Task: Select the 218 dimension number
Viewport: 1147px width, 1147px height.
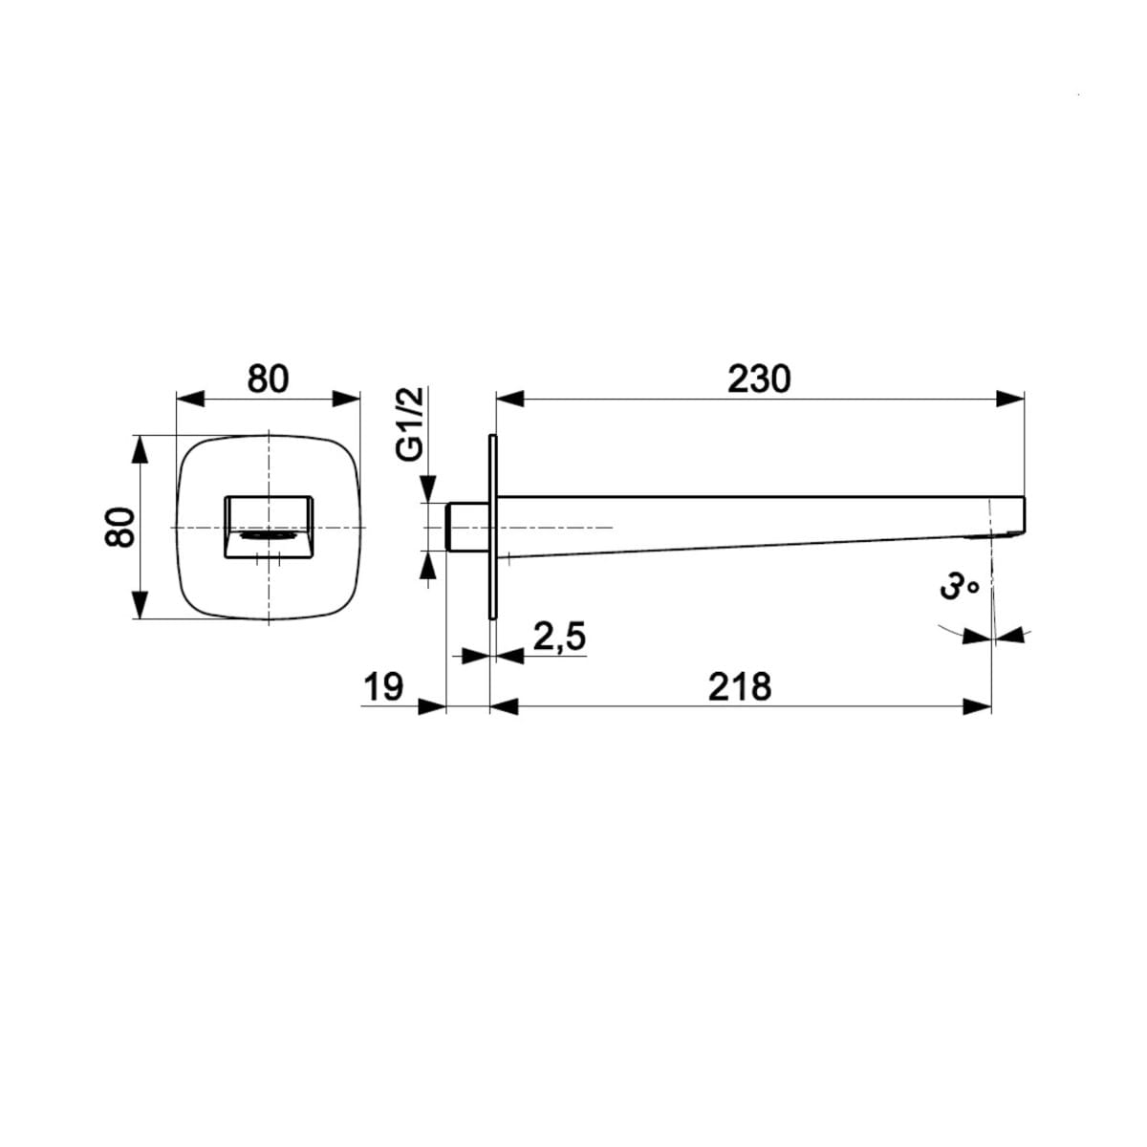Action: pos(740,686)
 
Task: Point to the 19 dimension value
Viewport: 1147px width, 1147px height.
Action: pos(383,687)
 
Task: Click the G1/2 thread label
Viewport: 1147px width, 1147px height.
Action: pos(410,423)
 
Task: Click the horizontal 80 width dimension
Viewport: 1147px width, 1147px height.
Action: pos(269,379)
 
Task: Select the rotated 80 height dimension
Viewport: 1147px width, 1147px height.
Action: pos(119,528)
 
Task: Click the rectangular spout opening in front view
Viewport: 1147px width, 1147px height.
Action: pos(269,528)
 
